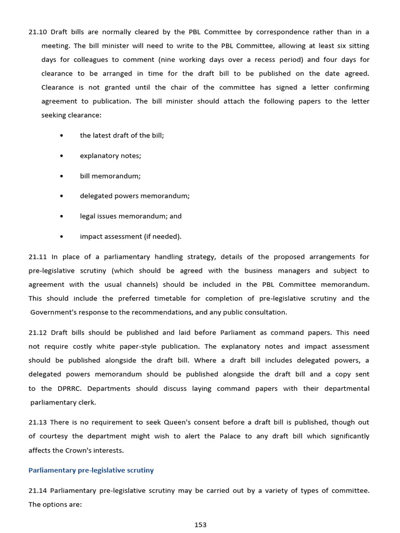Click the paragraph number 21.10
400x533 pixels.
[37, 32]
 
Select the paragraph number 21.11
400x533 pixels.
[37, 257]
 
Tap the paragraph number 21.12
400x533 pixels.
[37, 332]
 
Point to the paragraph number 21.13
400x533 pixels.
[37, 422]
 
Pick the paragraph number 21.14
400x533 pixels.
[37, 490]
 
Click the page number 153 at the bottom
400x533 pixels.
[201, 525]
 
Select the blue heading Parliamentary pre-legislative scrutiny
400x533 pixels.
[91, 470]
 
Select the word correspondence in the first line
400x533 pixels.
[278, 32]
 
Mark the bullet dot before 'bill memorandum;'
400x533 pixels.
[61, 176]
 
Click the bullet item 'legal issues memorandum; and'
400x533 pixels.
[130, 216]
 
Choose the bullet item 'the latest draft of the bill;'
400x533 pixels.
[122, 135]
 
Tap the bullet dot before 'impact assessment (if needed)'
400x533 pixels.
[61, 237]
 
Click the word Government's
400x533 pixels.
[54, 312]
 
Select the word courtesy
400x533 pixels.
[54, 436]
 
